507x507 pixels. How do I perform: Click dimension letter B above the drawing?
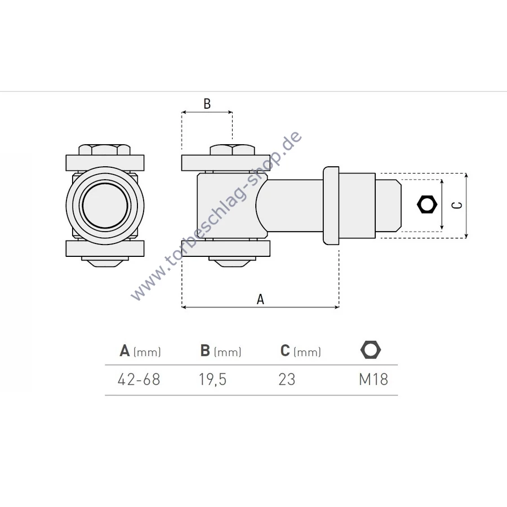207,104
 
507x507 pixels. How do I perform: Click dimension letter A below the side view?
260,300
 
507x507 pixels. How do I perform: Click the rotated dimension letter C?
456,205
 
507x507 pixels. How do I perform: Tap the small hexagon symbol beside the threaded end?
427,204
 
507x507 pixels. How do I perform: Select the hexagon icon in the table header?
371,350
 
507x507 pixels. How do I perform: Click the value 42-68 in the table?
139,379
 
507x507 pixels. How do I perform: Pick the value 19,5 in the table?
212,379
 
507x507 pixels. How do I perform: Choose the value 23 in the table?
287,379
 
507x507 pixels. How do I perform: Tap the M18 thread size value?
373,379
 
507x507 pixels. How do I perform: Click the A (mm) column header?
140,351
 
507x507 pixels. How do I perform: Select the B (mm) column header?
220,351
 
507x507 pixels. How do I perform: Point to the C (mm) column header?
300,351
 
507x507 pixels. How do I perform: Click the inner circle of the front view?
105,206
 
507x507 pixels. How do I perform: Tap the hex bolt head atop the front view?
105,150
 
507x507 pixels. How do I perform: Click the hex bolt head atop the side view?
233,150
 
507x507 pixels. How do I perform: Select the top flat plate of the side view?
226,163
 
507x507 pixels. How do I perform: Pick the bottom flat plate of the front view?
105,248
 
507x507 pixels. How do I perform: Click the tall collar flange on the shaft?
331,206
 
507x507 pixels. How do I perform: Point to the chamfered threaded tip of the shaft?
388,206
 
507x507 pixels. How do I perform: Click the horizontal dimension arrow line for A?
260,307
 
